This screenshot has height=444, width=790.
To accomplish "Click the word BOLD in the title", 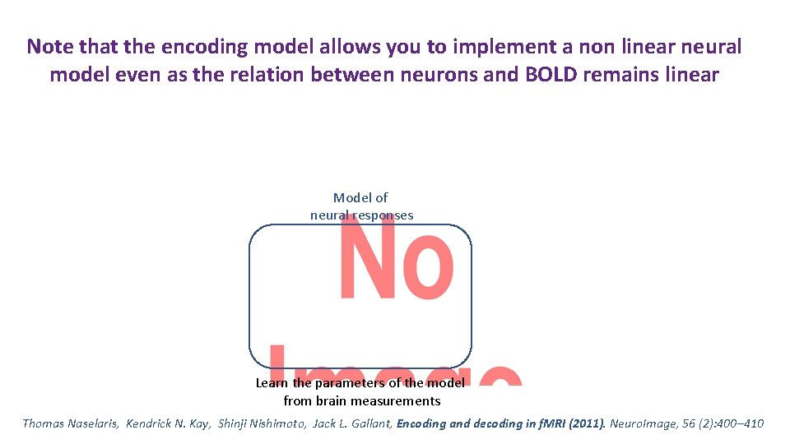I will tap(551, 75).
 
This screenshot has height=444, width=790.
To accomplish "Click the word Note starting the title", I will tap(50, 46).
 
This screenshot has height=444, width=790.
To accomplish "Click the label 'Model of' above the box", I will tap(360, 198).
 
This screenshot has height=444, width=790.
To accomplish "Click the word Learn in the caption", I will tap(271, 383).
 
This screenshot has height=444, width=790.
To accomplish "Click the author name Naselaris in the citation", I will tap(92, 423).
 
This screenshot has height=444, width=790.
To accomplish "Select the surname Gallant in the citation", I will tap(368, 423).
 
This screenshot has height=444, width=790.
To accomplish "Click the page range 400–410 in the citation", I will tap(740, 423).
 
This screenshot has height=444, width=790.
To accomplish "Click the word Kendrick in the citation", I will tap(152, 423).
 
